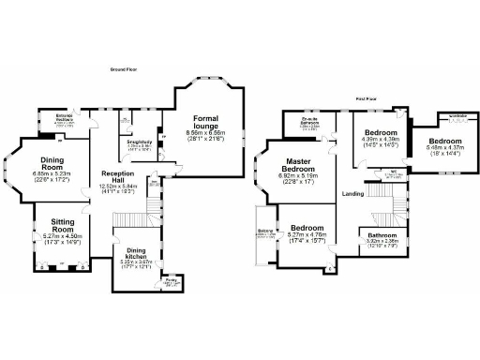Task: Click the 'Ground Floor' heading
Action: click(118, 68)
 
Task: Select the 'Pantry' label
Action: click(171, 279)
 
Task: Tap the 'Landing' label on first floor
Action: click(352, 194)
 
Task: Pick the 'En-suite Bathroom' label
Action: click(311, 122)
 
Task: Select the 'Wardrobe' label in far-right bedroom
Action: click(458, 117)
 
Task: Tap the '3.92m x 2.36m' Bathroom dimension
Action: click(382, 241)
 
